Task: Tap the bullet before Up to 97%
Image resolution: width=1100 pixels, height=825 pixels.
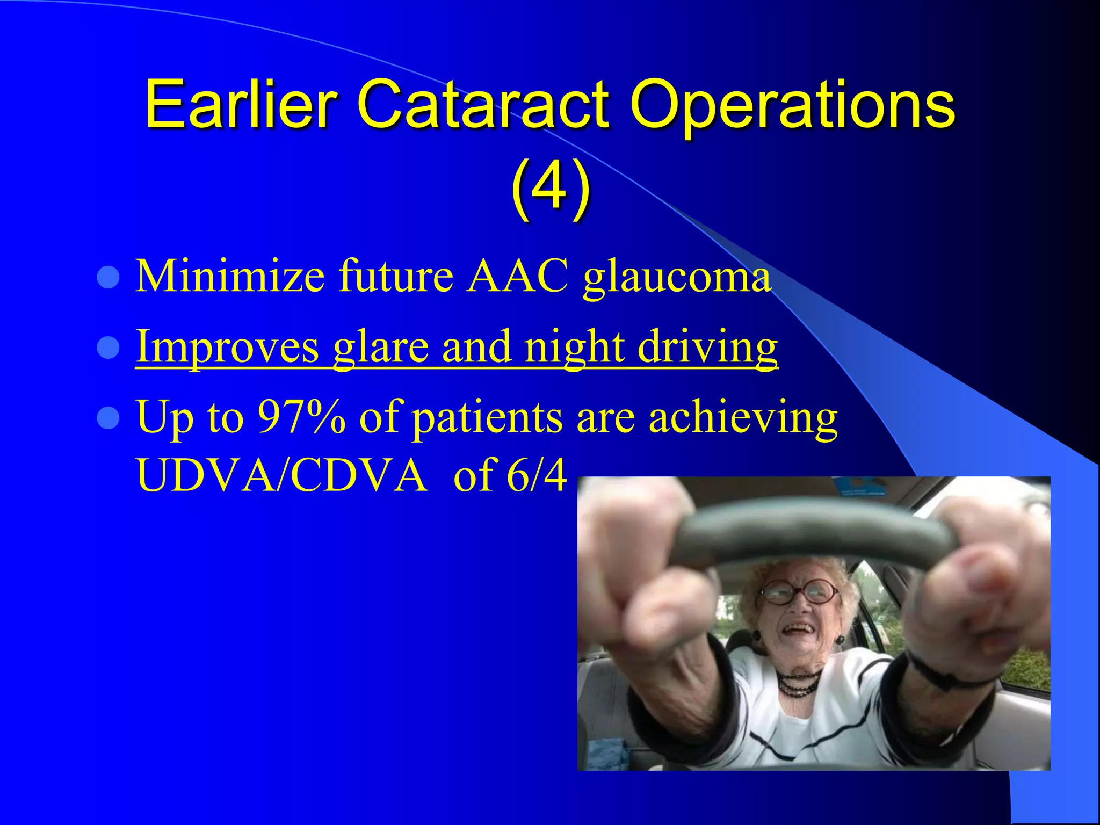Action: [108, 418]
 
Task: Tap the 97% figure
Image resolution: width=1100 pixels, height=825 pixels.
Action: [301, 417]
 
